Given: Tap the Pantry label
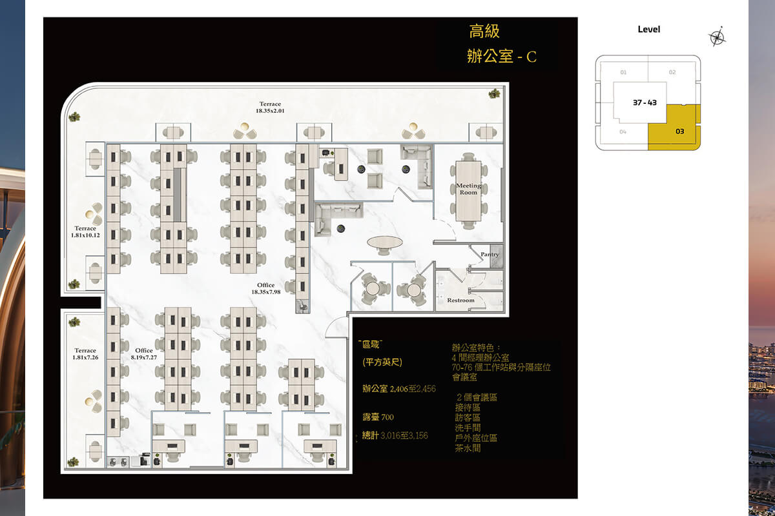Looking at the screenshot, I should point(490,255).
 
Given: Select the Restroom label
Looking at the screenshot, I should point(460,301).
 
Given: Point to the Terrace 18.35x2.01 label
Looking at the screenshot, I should point(271,107).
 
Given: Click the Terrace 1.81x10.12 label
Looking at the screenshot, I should point(85,232).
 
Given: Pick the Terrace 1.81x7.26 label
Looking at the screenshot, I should point(85,354).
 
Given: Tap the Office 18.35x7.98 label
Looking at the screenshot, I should point(265,288).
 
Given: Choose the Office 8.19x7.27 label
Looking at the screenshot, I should point(144,354).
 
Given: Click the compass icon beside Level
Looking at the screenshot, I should point(718,37).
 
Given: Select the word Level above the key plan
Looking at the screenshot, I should point(648,29).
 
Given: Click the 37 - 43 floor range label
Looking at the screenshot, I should point(644,103).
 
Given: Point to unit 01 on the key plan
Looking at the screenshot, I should point(623,72).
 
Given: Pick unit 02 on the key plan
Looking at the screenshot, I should point(672,72).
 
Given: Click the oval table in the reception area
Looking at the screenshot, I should point(384,243).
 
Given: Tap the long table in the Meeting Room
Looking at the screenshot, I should point(469,190).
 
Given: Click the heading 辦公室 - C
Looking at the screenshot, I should point(501,56).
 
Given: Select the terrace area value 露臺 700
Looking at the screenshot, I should point(378,417).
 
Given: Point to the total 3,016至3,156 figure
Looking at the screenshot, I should point(395,436).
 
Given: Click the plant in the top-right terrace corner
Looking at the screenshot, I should point(495,93).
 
